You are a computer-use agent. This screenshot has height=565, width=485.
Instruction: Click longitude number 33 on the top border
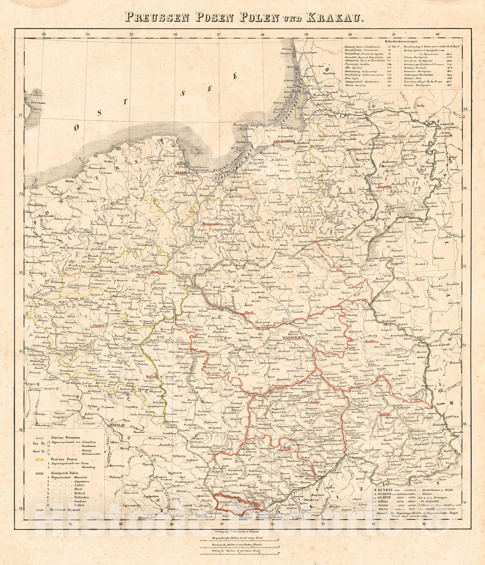click(x=44, y=34)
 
